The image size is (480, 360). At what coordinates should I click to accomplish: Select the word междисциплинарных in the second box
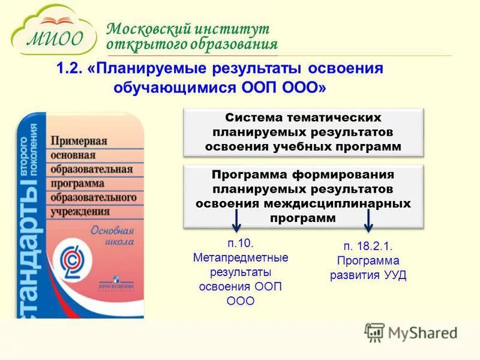352,203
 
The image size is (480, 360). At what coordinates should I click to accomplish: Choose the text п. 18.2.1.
368,247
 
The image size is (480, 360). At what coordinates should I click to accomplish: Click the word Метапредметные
241,258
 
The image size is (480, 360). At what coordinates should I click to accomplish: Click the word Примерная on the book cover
79,142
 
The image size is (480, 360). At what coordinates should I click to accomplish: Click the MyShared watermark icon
374,332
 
